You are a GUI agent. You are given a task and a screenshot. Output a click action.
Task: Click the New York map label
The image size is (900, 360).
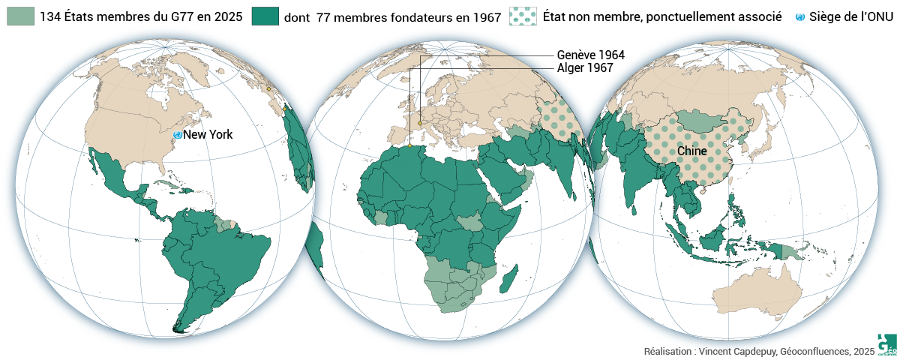208,135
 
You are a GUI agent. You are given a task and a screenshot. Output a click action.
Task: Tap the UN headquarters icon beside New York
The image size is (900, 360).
178,134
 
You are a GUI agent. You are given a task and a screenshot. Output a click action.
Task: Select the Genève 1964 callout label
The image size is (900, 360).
590,55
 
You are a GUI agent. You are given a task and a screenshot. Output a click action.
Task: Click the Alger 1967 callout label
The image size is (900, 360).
585,68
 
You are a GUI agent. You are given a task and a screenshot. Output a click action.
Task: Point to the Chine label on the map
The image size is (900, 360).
691,151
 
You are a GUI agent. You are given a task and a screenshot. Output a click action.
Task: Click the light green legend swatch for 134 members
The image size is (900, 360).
20,16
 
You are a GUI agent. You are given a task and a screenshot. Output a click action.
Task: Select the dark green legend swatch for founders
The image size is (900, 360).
265,16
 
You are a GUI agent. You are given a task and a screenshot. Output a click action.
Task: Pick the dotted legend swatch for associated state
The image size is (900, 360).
523,16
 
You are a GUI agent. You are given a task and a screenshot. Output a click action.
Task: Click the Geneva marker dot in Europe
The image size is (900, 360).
420,123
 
